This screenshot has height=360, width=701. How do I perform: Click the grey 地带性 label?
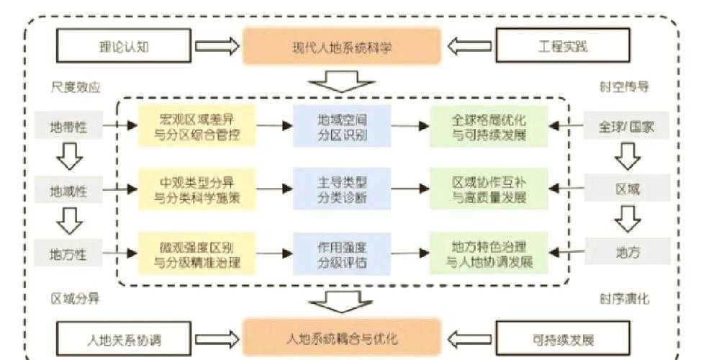[68, 127]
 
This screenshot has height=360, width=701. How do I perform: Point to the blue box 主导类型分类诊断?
[342, 189]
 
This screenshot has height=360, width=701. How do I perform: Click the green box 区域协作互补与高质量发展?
[489, 189]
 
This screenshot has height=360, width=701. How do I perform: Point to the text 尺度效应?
[76, 87]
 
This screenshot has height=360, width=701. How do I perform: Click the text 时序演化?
[623, 297]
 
